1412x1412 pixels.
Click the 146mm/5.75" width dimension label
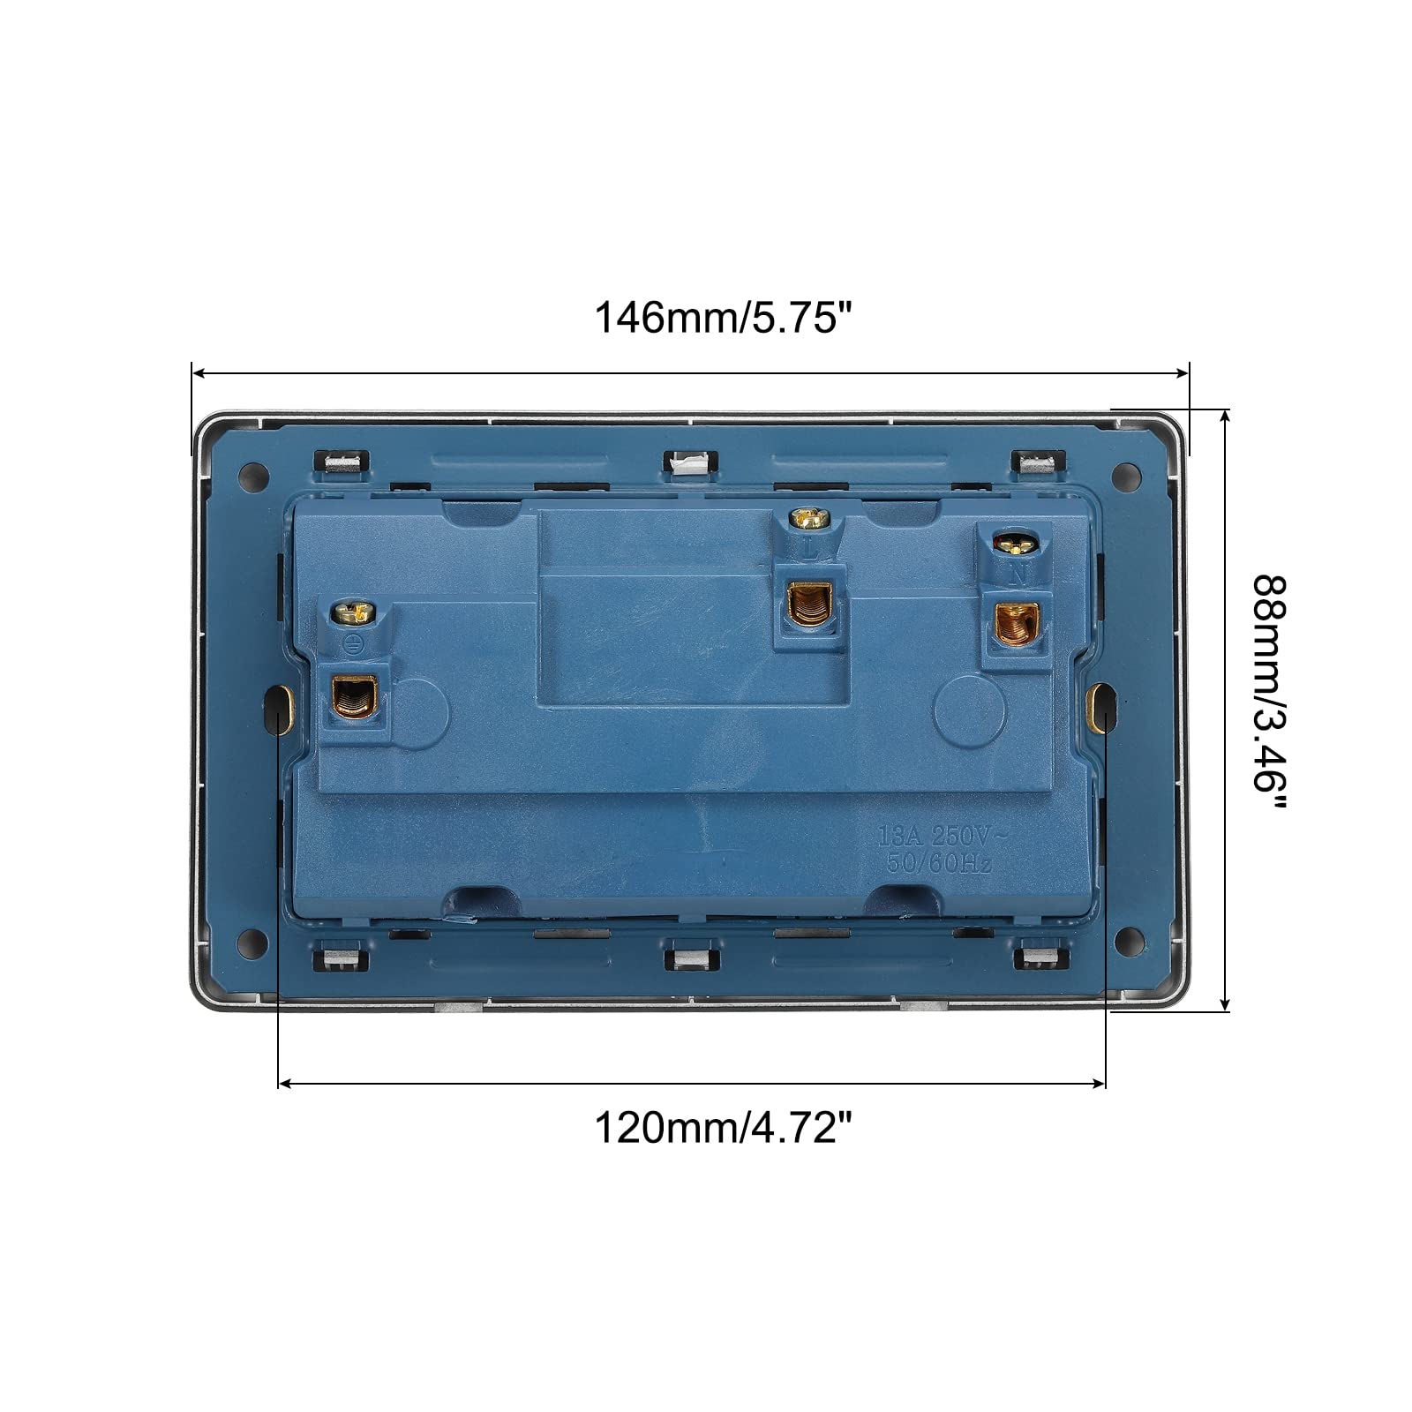pyautogui.click(x=725, y=318)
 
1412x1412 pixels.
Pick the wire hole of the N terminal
pyautogui.click(x=1015, y=625)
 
